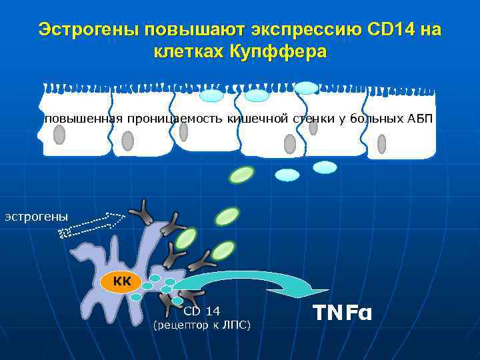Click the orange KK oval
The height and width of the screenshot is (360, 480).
coord(122,282)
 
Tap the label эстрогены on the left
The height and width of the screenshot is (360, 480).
coord(37,216)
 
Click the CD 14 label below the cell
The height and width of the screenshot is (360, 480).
coord(201,311)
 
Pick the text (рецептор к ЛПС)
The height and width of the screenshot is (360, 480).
coord(201,325)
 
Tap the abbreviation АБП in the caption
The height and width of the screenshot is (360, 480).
coord(420,119)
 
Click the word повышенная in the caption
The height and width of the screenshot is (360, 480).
coord(83,119)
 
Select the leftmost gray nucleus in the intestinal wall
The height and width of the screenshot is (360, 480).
coord(59,135)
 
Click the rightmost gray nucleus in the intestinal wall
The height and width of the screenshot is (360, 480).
coord(381,144)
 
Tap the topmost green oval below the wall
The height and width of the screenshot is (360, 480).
coord(241,175)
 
